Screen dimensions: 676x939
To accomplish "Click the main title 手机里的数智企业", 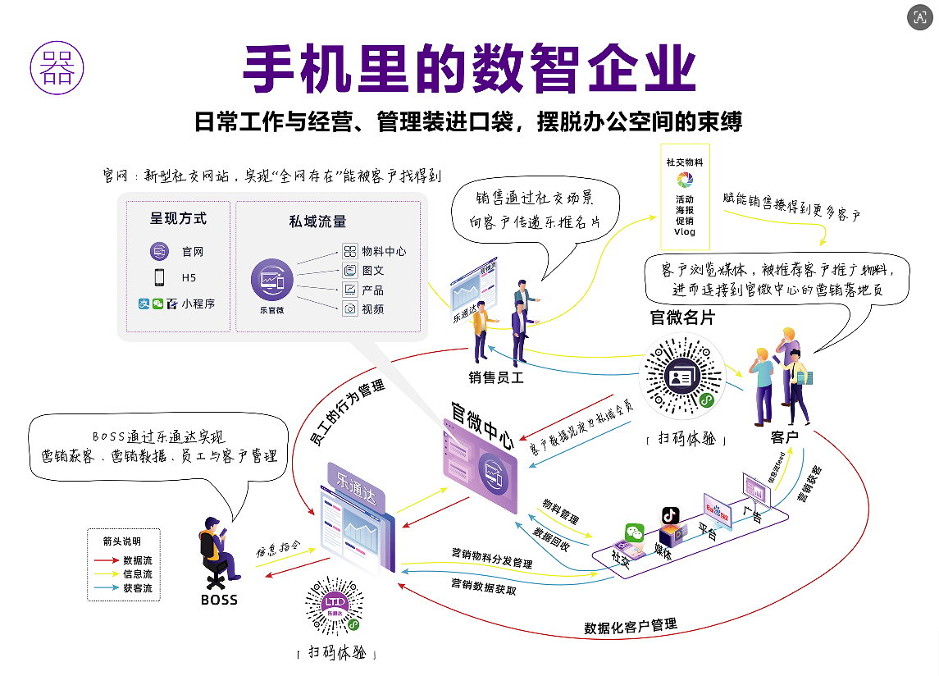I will tap(469, 69).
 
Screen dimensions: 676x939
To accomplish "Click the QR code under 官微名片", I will tap(682, 378).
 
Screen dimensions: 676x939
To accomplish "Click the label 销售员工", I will tap(496, 377).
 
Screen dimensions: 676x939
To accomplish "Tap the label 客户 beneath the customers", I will tap(784, 437).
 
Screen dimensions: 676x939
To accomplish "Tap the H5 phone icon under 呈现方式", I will tap(159, 277).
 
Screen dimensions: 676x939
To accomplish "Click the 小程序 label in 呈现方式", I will tap(198, 304).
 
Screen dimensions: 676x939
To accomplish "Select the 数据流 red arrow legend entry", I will tap(125, 560).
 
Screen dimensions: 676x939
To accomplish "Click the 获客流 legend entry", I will tap(125, 588).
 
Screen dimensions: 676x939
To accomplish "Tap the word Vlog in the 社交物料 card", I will tap(685, 232).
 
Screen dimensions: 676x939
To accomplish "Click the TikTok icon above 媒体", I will tap(671, 515).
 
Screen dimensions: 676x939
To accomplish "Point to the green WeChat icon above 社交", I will tap(635, 532).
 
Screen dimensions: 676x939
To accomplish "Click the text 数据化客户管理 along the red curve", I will tap(631, 626).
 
